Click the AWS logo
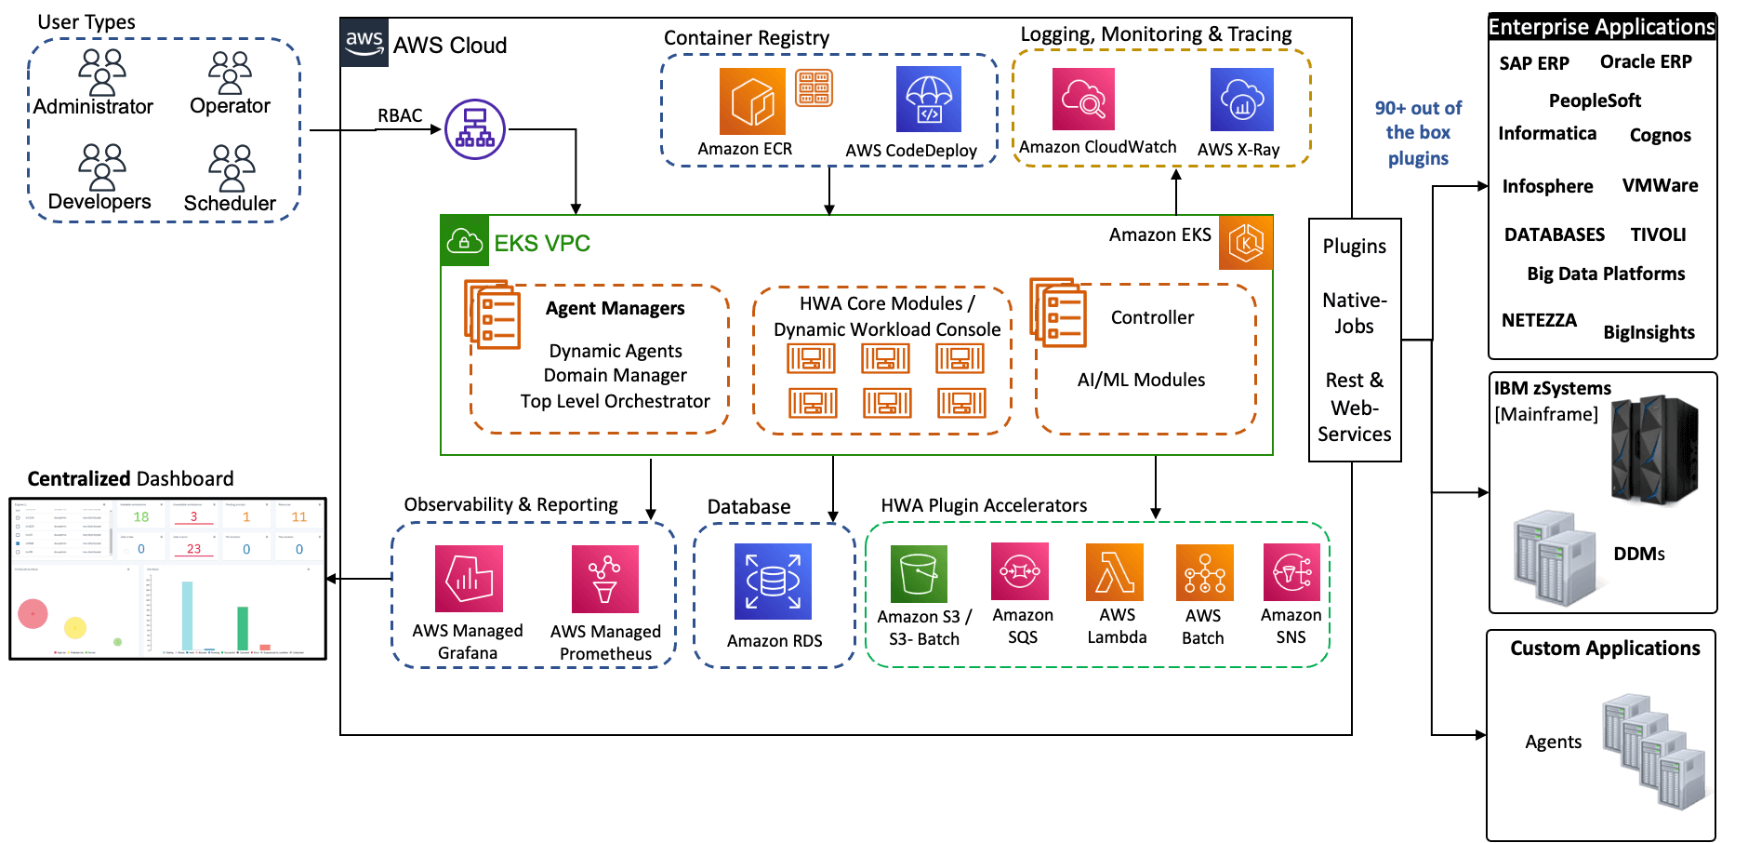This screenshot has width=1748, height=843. [x=364, y=42]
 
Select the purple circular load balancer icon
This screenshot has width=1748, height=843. [x=475, y=129]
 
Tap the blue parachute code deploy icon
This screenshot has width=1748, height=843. [x=928, y=100]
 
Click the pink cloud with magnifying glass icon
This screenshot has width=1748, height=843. [x=1083, y=100]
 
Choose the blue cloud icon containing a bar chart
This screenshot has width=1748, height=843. [x=1241, y=100]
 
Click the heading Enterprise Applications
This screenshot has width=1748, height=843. [x=1601, y=27]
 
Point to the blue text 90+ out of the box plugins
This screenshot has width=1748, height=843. [x=1418, y=133]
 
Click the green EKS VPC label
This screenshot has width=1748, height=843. [x=542, y=244]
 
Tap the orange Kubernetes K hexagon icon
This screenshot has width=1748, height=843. [x=1246, y=243]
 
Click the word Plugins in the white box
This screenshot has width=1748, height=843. [x=1354, y=247]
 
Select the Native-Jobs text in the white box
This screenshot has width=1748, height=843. [x=1354, y=314]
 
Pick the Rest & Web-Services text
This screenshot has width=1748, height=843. [x=1354, y=408]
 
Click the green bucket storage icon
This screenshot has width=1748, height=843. [x=919, y=574]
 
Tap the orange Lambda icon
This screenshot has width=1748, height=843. [x=1114, y=572]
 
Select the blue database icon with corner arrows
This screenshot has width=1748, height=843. [x=773, y=582]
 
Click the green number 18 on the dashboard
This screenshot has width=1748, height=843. [x=141, y=516]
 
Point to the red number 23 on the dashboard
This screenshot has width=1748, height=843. [x=193, y=549]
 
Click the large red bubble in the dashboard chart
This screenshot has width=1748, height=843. [x=33, y=613]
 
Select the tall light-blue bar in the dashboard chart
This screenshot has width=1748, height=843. [x=187, y=615]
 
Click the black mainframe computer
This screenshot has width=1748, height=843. [x=1653, y=450]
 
